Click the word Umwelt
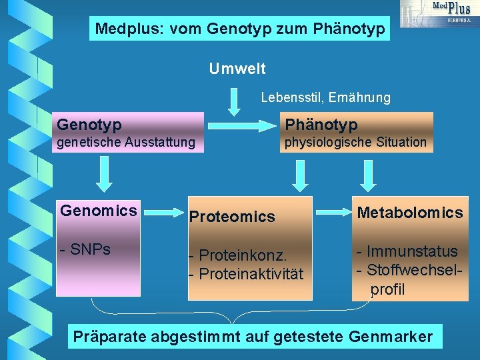tap(237, 69)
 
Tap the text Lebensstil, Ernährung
tap(325, 98)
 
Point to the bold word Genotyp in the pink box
tap(89, 125)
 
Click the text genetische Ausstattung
tap(126, 142)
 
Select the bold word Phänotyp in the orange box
tap(321, 125)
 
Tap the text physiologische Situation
tap(355, 142)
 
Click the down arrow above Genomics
tap(103, 175)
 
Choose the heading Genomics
tap(99, 211)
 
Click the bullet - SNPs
tap(85, 250)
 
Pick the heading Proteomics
tap(232, 217)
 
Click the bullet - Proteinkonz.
tap(238, 255)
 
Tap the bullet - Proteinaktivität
tap(246, 274)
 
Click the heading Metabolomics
tap(410, 213)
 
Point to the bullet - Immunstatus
tap(407, 252)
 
